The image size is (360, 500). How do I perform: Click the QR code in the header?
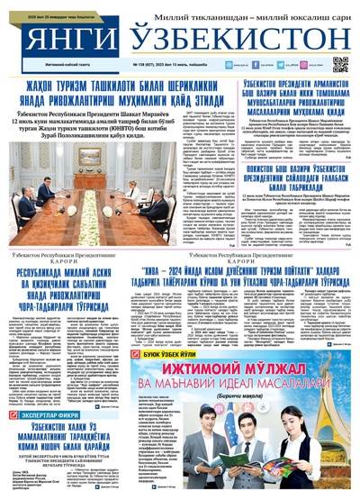pos(339,64)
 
